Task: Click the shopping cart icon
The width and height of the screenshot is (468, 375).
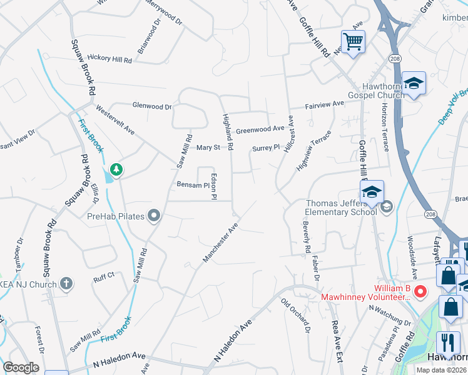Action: click(353, 42)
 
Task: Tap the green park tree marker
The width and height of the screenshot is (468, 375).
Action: click(115, 169)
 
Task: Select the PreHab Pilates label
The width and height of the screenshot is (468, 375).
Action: click(116, 217)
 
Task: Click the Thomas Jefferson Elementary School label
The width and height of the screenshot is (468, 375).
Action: click(341, 207)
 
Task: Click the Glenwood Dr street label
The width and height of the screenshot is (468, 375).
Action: click(151, 107)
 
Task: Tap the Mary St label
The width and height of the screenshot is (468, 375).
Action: click(208, 147)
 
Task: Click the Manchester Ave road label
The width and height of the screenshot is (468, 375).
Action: click(221, 243)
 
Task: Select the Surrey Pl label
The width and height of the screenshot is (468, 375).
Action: click(266, 148)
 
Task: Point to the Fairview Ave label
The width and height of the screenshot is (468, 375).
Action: click(325, 104)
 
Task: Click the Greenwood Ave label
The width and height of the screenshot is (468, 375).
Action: click(260, 131)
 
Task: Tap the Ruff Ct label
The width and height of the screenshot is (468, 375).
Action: click(104, 275)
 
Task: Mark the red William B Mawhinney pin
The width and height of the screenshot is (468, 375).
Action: click(421, 291)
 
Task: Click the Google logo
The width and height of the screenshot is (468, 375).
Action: click(21, 367)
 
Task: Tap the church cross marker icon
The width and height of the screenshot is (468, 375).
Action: click(66, 284)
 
